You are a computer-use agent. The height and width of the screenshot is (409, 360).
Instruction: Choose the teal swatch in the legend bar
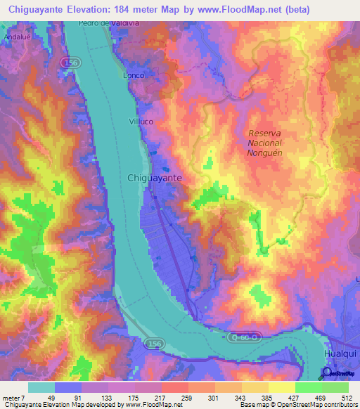pyautogui.click(x=41, y=387)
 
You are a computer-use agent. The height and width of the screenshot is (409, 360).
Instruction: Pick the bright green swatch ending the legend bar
pyautogui.click(x=335, y=387)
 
